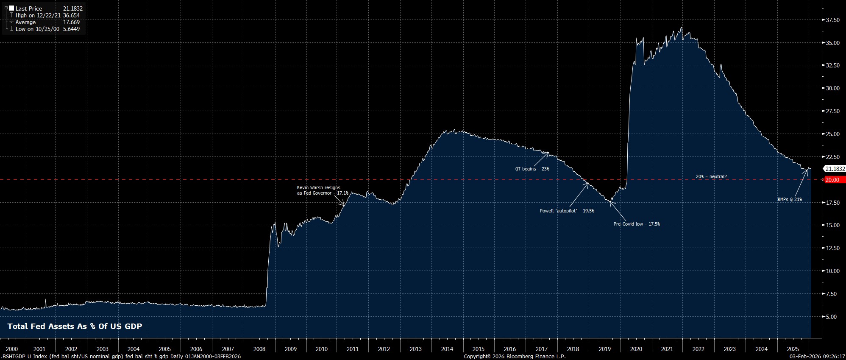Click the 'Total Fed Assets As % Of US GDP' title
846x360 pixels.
[75, 327]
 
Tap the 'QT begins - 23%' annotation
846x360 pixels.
[532, 169]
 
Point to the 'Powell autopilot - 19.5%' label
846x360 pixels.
[567, 211]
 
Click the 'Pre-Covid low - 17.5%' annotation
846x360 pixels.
[637, 224]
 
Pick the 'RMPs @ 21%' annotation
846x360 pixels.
[789, 199]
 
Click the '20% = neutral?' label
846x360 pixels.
[711, 176]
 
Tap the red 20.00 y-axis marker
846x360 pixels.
[833, 180]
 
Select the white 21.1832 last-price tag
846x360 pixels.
[835, 169]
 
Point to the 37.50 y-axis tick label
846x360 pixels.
[832, 20]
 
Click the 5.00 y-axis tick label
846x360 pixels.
[831, 317]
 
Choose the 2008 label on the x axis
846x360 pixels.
[259, 349]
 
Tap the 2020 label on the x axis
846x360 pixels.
[636, 349]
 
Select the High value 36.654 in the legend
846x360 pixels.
[71, 15]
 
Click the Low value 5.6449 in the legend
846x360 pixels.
[71, 29]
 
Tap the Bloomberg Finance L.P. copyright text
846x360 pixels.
[515, 357]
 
